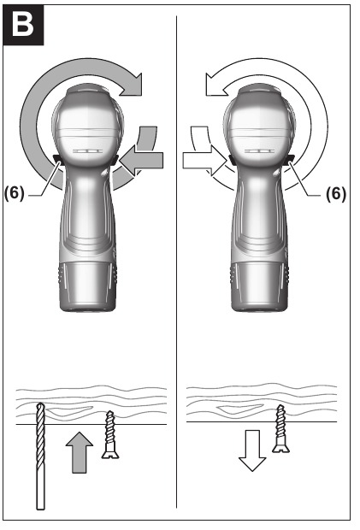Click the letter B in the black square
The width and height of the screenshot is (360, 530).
tap(23, 25)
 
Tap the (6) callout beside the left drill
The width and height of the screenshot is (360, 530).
tap(15, 193)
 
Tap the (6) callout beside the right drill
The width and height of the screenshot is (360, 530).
tap(336, 194)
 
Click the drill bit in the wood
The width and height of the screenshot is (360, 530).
tap(40, 456)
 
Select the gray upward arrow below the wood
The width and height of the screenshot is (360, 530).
tap(80, 452)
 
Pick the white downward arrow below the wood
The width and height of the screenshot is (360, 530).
tap(252, 450)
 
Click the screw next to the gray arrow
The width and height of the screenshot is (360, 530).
tap(110, 434)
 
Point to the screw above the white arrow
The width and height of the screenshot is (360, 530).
tap(280, 428)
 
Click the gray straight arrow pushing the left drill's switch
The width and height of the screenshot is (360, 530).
tap(141, 159)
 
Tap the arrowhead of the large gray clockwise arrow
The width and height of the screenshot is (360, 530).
tap(130, 85)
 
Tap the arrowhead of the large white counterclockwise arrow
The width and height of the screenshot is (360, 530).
tap(216, 84)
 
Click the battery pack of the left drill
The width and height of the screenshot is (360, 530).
tap(88, 286)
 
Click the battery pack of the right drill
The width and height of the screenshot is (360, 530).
tap(260, 286)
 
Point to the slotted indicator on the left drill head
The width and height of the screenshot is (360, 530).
tap(87, 151)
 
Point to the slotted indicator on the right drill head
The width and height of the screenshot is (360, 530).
tap(259, 151)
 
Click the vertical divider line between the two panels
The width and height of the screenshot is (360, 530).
tap(176, 262)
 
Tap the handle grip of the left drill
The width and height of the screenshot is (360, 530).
tap(87, 216)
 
